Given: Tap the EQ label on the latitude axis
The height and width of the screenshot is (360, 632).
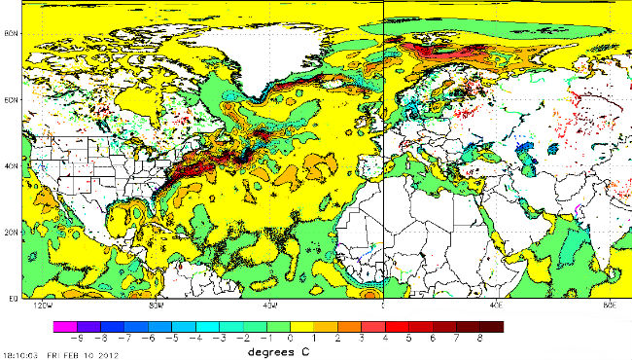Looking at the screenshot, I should coord(12,296).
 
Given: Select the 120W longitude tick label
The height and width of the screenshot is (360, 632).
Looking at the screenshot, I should coord(42,305).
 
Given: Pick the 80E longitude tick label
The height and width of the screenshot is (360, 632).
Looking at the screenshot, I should coord(608,305).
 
